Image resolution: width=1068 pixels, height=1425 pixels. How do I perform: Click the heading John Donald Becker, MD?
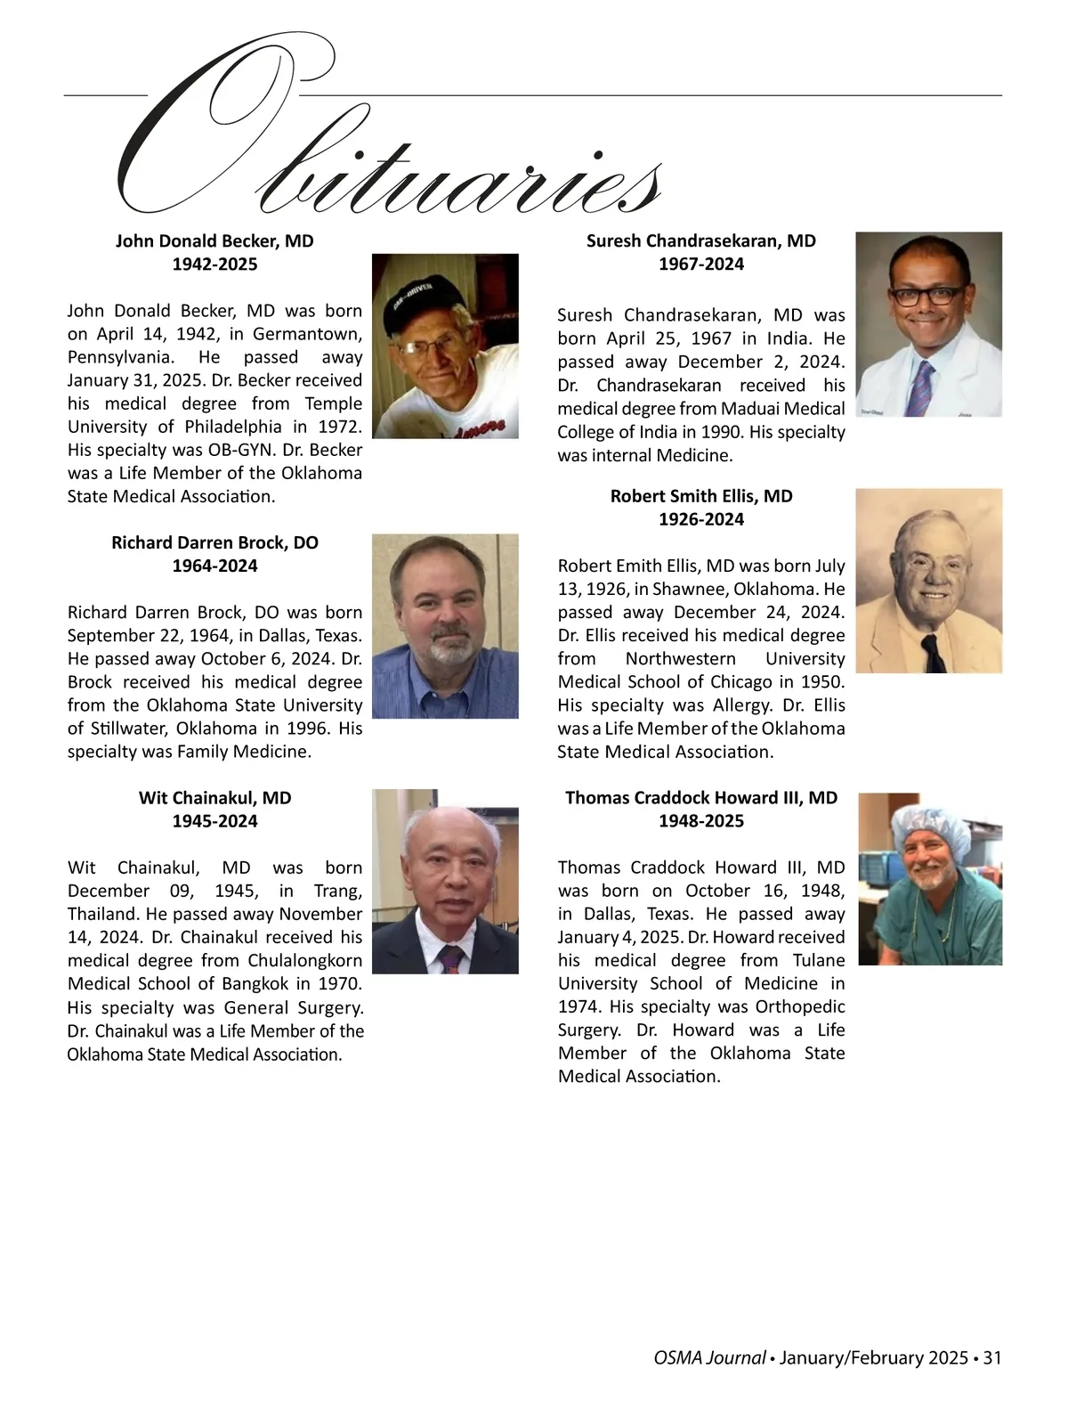[214, 241]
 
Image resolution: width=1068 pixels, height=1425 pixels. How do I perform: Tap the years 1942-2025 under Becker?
[214, 265]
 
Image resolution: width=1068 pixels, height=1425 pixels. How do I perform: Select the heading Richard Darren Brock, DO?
[214, 542]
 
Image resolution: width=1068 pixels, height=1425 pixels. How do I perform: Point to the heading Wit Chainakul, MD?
[214, 798]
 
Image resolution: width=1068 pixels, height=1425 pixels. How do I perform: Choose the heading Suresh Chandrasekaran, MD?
[701, 241]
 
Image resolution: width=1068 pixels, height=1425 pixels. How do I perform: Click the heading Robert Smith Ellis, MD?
[701, 496]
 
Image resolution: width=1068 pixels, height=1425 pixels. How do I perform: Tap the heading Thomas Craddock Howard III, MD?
[701, 798]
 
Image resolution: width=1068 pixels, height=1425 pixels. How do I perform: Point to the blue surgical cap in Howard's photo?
[926, 821]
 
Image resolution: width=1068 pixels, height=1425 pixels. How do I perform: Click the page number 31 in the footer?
[993, 1358]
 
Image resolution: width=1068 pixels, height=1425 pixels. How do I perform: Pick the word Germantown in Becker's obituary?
[307, 335]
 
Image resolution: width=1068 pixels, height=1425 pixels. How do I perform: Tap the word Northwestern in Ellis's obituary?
[681, 659]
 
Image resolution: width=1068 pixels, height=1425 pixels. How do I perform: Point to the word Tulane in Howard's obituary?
[818, 961]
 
